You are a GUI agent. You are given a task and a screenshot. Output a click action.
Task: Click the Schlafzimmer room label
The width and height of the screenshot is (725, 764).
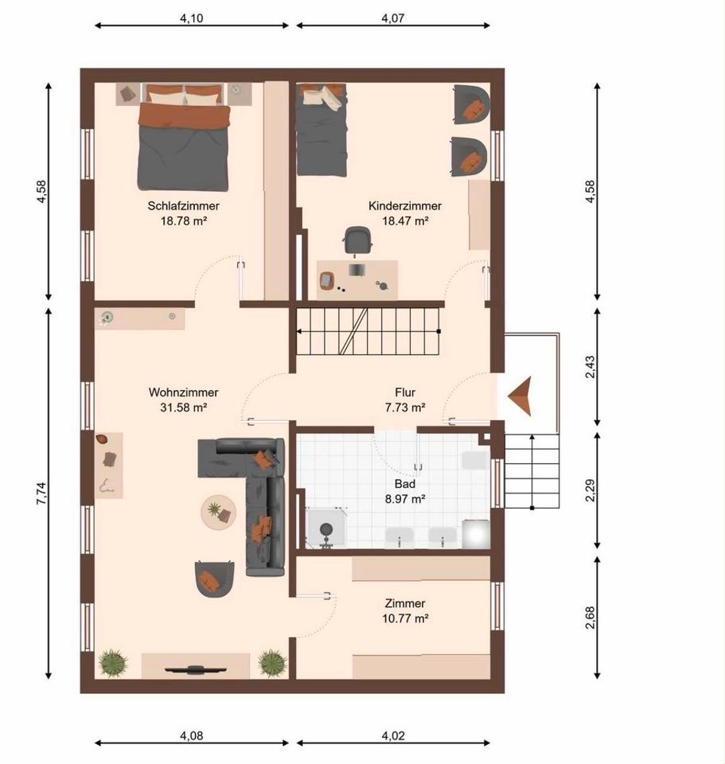(x=183, y=206)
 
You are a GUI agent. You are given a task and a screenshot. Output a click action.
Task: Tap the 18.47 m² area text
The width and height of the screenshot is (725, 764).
(x=405, y=220)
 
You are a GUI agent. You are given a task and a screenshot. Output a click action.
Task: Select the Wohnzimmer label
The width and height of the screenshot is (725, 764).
(x=183, y=392)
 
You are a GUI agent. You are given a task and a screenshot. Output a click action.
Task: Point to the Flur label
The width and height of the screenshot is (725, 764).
(x=405, y=392)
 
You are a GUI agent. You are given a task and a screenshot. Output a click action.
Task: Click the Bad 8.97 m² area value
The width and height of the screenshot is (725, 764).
(x=405, y=499)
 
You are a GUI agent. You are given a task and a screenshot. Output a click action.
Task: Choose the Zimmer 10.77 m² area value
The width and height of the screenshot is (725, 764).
(x=405, y=618)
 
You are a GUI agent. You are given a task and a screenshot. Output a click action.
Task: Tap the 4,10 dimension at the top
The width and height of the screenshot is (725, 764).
(x=192, y=18)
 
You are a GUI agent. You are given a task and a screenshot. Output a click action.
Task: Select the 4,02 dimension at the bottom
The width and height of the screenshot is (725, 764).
(x=392, y=735)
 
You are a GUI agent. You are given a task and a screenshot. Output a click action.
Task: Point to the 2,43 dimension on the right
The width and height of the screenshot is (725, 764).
(x=590, y=367)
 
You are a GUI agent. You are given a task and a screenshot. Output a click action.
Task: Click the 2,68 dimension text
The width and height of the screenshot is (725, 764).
(x=590, y=618)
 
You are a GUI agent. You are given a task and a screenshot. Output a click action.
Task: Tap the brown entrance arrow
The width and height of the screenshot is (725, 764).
(x=520, y=396)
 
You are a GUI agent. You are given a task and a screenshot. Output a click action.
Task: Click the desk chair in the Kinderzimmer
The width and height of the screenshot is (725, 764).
(x=358, y=240)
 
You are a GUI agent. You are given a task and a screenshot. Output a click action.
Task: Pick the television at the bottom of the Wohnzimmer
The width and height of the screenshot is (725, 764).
(x=196, y=669)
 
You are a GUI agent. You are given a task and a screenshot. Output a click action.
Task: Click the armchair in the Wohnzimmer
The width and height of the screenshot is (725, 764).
(x=214, y=579)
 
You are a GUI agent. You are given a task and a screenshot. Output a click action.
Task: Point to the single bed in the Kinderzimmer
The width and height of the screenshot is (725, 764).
(x=322, y=130)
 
